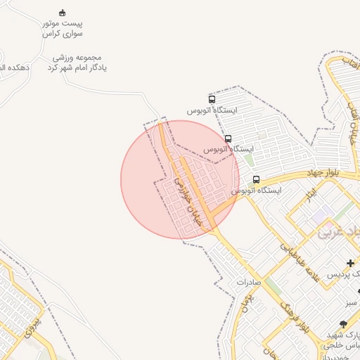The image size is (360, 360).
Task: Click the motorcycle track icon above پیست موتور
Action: click(62, 13)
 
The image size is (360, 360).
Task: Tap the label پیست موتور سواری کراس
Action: click(63, 28)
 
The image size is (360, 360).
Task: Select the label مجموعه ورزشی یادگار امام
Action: click(77, 63)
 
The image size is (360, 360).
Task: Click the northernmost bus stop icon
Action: click(212, 100)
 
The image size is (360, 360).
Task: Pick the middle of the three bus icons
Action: click(229, 139)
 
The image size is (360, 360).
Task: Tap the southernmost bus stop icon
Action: click(256, 179)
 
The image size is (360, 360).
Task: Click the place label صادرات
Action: click(249, 281)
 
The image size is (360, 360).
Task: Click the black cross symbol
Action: click(351, 263)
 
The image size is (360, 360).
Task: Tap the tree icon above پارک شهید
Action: click(343, 324)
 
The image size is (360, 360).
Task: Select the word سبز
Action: click(352, 302)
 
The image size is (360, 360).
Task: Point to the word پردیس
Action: click(347, 273)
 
